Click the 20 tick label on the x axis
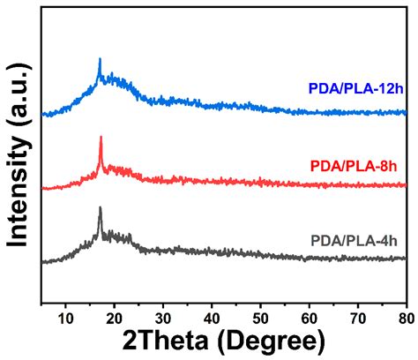pyautogui.click(x=114, y=314)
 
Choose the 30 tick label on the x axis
pyautogui.click(x=162, y=314)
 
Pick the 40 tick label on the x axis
pyautogui.click(x=212, y=314)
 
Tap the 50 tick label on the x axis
pyautogui.click(x=260, y=314)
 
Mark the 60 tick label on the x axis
pyautogui.click(x=310, y=314)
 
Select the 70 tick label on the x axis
pyautogui.click(x=358, y=314)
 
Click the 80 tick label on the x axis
pyautogui.click(x=404, y=314)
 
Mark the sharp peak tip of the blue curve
pyautogui.click(x=100, y=59)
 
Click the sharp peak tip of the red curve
pyautogui.click(x=101, y=137)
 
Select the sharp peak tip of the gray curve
pyautogui.click(x=100, y=208)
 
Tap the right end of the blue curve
pyautogui.click(x=407, y=113)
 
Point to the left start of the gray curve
pyautogui.click(x=41, y=261)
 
